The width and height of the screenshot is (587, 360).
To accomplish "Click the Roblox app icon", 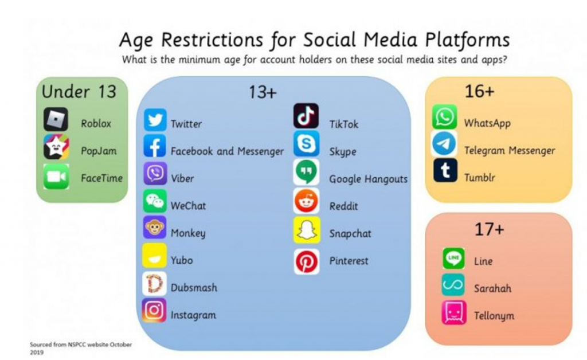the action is click(x=56, y=119).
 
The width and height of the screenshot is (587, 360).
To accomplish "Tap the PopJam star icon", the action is click(x=56, y=147).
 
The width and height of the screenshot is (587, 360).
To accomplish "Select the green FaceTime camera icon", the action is click(x=56, y=177).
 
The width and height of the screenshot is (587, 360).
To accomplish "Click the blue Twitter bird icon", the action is click(x=155, y=120).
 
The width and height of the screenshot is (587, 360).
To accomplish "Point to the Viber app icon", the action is click(x=155, y=174).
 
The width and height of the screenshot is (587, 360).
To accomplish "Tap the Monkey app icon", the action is click(x=155, y=227).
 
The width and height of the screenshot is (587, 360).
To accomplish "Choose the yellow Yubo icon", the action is click(x=154, y=255).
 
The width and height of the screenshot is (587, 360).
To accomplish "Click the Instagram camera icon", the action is click(x=154, y=310).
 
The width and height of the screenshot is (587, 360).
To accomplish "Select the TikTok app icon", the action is click(x=306, y=116).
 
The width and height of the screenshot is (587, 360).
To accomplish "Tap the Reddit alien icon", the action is click(x=307, y=201).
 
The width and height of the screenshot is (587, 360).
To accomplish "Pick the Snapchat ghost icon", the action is click(x=307, y=230).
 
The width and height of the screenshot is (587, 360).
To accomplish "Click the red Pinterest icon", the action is click(x=307, y=261).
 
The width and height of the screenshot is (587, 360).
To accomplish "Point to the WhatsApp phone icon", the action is click(x=444, y=117).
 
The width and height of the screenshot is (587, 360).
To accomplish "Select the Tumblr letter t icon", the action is click(x=445, y=170).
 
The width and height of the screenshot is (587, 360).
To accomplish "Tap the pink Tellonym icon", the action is click(x=454, y=312).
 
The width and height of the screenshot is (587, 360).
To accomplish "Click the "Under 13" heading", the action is click(x=79, y=92).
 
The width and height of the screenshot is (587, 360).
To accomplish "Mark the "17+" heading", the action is click(x=490, y=229).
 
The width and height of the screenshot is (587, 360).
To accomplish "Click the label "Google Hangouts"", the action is click(x=369, y=179).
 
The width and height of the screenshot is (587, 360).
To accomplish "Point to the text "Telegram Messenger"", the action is click(x=510, y=150).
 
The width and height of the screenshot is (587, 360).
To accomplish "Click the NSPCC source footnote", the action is click(x=81, y=348).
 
